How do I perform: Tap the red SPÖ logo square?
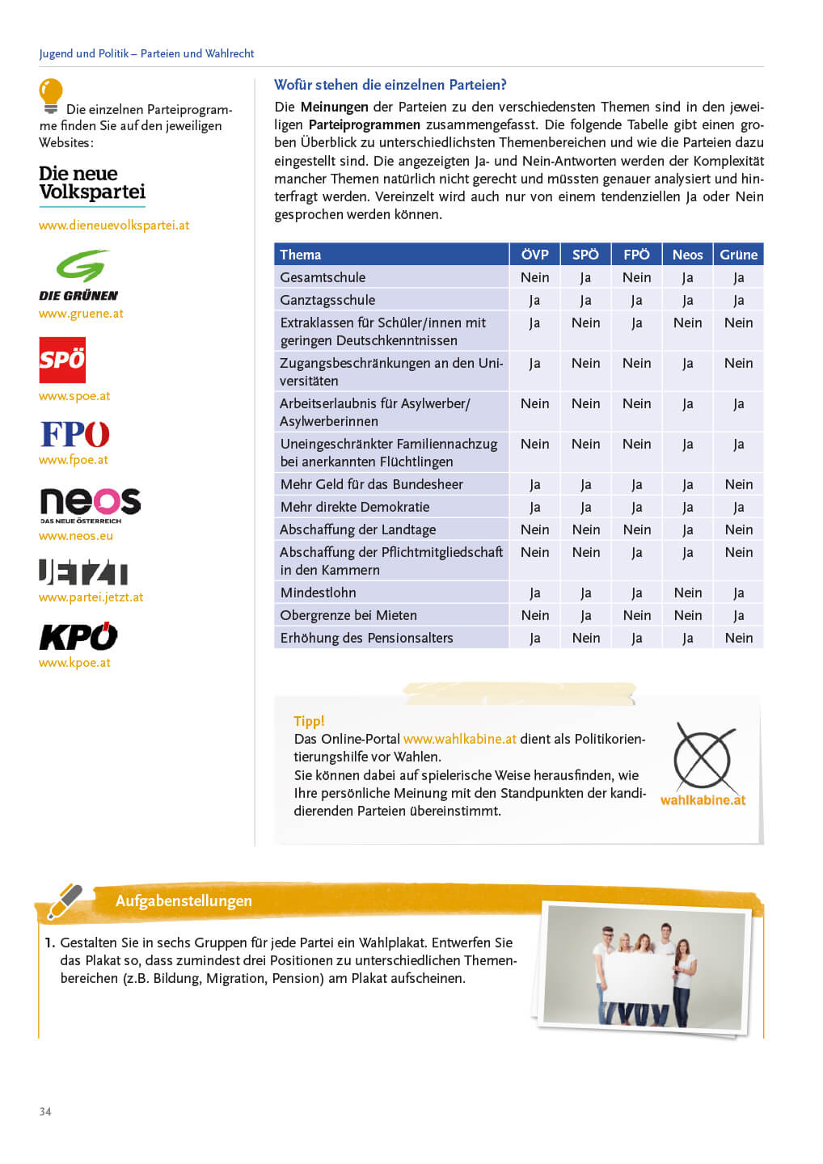click(x=62, y=360)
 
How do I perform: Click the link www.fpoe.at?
click(x=74, y=460)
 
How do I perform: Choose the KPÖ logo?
click(x=78, y=637)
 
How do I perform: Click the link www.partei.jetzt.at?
click(x=91, y=597)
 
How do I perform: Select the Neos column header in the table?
click(x=687, y=255)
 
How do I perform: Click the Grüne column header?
click(x=738, y=255)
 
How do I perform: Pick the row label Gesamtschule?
click(x=323, y=277)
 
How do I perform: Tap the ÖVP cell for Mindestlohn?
click(x=534, y=593)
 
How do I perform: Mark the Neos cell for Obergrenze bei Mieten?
click(x=687, y=615)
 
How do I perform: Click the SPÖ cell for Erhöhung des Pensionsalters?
click(x=585, y=638)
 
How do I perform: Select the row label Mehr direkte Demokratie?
click(x=355, y=507)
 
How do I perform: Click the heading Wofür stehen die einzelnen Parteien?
click(x=390, y=85)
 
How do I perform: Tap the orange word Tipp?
click(x=309, y=721)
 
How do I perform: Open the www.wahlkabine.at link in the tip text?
click(x=459, y=739)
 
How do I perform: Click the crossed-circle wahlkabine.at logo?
click(x=703, y=757)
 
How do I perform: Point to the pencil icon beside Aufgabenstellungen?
click(x=65, y=900)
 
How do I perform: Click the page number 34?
click(x=45, y=1111)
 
